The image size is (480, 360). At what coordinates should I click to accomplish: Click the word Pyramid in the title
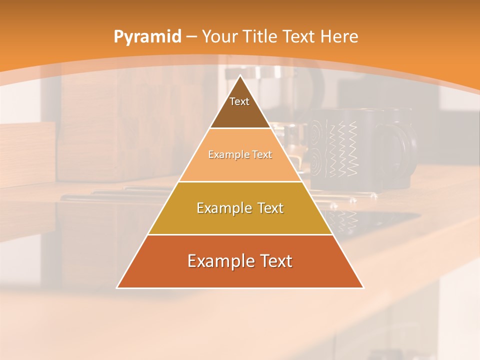point(147,37)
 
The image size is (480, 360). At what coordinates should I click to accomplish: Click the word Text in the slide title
point(300,36)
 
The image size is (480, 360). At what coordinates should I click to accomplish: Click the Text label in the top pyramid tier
point(239,101)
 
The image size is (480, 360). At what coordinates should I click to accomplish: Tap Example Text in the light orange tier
point(240,154)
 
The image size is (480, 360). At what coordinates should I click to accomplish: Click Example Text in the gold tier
point(240,208)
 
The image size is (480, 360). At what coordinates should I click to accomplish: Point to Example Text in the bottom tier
point(240,261)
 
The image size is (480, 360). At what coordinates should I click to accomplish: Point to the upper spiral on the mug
point(316,131)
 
